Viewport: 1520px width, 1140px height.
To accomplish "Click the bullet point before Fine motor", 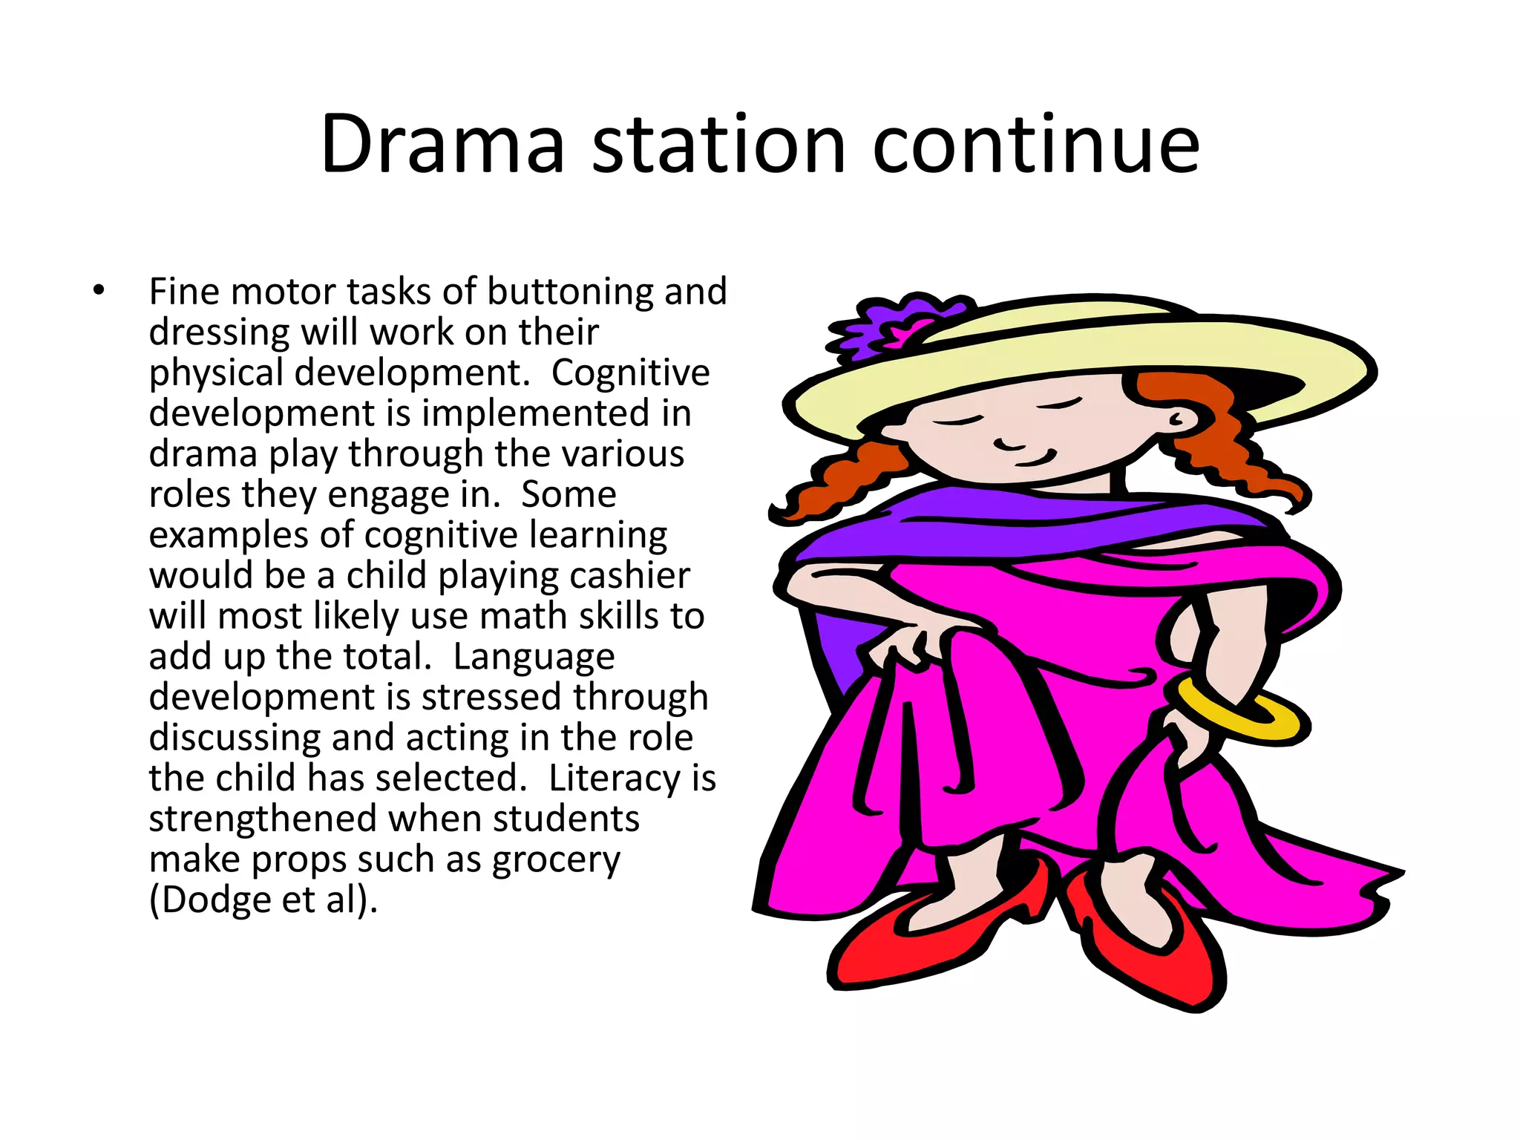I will [x=99, y=291].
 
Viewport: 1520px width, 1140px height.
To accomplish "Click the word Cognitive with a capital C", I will [x=630, y=373].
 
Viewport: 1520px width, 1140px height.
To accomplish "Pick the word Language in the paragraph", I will [x=534, y=658].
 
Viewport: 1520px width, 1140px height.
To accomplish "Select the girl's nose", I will [x=1009, y=444].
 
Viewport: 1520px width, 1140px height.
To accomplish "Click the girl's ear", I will [x=1181, y=419].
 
